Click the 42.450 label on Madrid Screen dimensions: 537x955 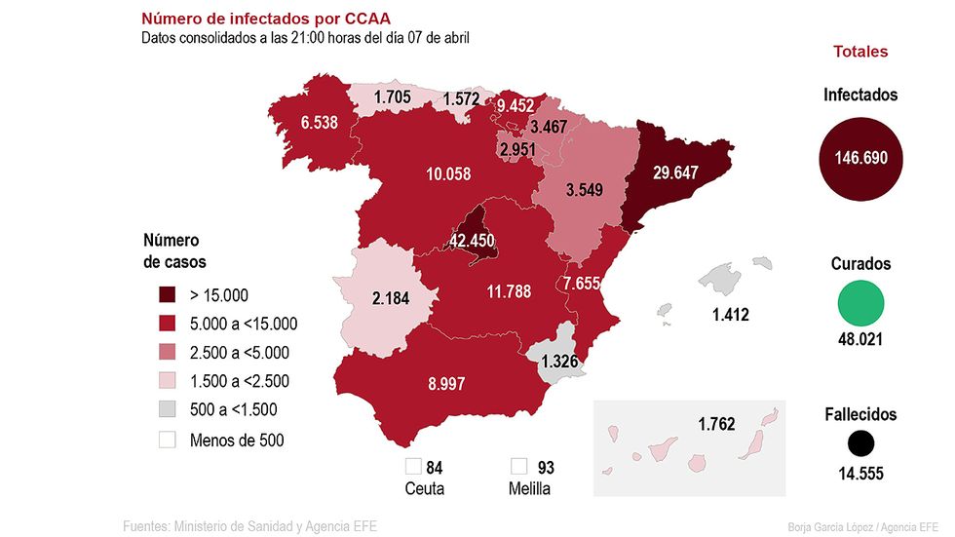click(x=472, y=241)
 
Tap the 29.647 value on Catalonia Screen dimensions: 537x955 click(x=662, y=173)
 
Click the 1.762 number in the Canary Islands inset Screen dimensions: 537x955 click(x=716, y=424)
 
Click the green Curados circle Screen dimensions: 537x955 click(x=861, y=303)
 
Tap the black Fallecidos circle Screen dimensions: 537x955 click(x=861, y=444)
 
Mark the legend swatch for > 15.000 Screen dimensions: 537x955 click(x=168, y=295)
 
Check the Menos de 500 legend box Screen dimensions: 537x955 click(x=168, y=440)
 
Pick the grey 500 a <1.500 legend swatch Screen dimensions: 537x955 click(x=168, y=410)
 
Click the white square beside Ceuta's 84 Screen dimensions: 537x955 click(x=413, y=467)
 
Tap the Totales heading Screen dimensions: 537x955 click(x=860, y=52)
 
